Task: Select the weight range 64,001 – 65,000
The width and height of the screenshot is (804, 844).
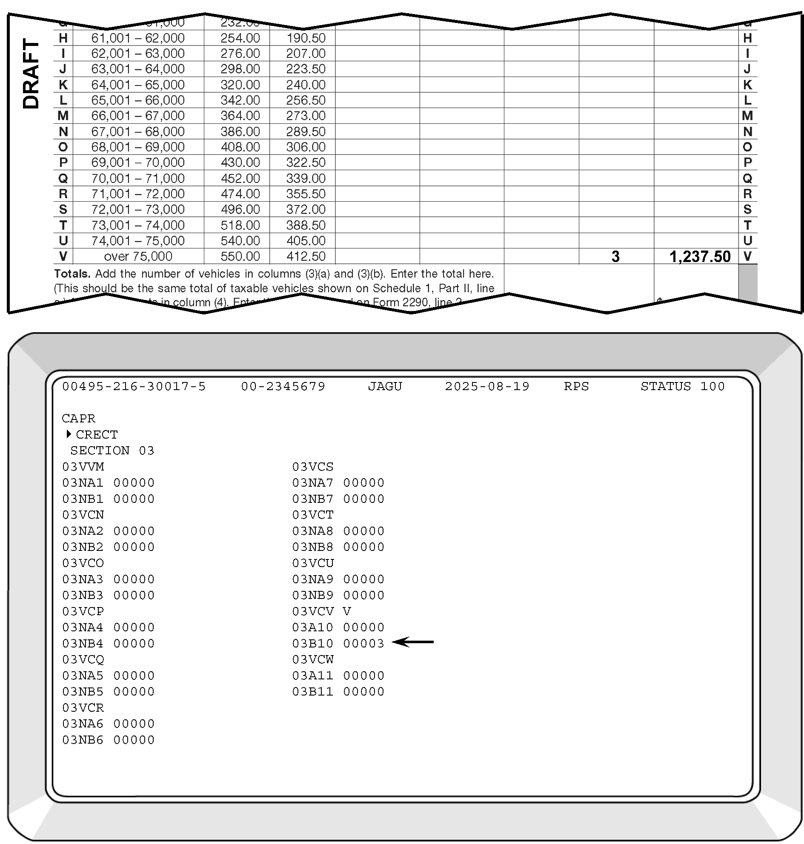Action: pyautogui.click(x=137, y=85)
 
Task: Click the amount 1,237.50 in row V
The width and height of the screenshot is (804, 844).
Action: pyautogui.click(x=699, y=257)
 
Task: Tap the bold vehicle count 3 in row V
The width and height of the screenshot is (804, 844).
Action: pyautogui.click(x=615, y=257)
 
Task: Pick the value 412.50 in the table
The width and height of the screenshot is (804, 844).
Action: pyautogui.click(x=306, y=257)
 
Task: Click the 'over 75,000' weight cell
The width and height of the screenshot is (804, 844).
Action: pyautogui.click(x=137, y=257)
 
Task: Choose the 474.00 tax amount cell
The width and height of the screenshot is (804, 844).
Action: pyautogui.click(x=240, y=194)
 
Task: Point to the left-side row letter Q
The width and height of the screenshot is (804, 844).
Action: pyautogui.click(x=63, y=178)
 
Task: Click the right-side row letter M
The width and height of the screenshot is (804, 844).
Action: pyautogui.click(x=747, y=116)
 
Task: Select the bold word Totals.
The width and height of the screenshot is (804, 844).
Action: pyautogui.click(x=72, y=274)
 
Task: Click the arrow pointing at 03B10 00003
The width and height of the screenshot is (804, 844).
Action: pyautogui.click(x=413, y=642)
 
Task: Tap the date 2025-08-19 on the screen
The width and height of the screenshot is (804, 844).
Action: pyautogui.click(x=487, y=386)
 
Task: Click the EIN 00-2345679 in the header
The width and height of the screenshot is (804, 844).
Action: pyautogui.click(x=283, y=386)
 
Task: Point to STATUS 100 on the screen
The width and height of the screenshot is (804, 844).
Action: pyautogui.click(x=682, y=386)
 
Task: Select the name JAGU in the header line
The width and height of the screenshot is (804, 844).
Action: pyautogui.click(x=385, y=386)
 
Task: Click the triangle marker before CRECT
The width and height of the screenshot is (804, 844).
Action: pyautogui.click(x=69, y=434)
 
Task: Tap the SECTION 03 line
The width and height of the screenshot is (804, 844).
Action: pyautogui.click(x=112, y=451)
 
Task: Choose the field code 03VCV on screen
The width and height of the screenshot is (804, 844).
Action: pyautogui.click(x=312, y=611)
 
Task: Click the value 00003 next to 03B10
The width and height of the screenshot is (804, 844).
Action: pyautogui.click(x=363, y=644)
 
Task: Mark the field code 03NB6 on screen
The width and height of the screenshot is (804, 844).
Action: pyautogui.click(x=83, y=740)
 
